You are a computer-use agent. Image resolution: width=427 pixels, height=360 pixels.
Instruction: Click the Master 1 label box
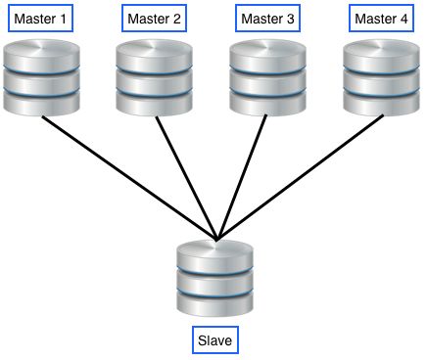[x=40, y=19]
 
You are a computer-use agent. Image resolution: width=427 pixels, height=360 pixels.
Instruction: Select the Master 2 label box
[x=155, y=19]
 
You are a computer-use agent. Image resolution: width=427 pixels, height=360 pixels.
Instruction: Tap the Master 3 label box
[x=268, y=19]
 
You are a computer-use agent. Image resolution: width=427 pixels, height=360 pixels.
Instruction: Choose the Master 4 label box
[x=383, y=19]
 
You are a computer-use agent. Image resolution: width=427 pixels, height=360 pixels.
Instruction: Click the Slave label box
[x=214, y=341]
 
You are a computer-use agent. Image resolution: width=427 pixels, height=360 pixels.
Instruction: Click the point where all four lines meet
[x=215, y=237]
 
